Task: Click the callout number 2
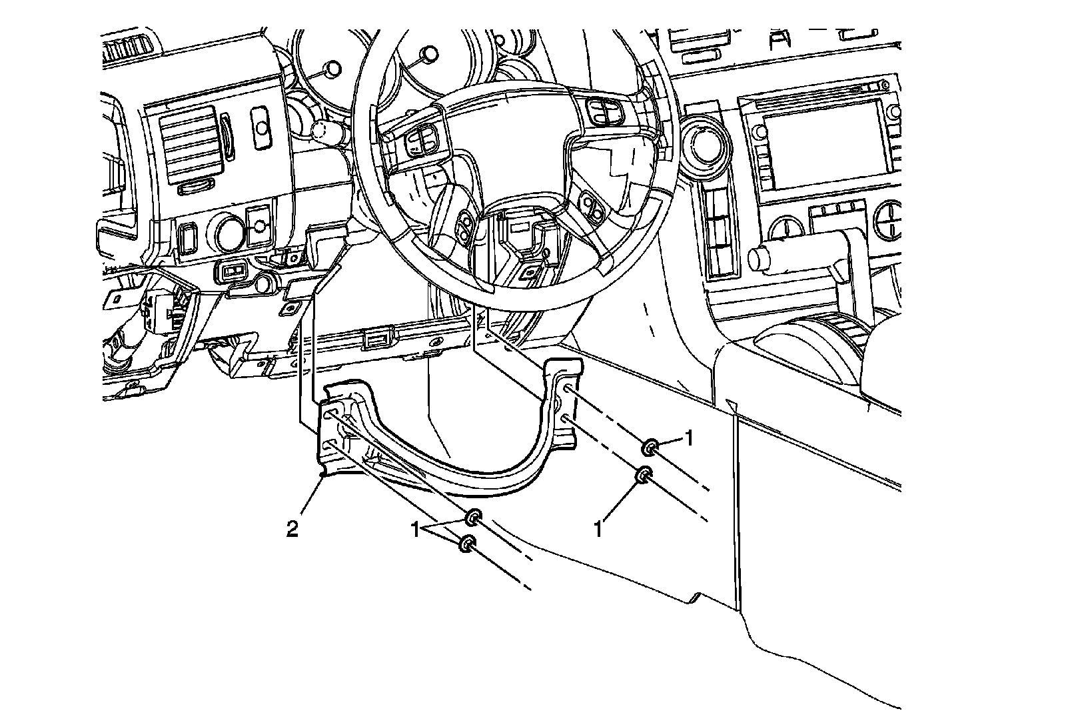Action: [x=292, y=530]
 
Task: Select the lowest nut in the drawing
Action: [x=467, y=543]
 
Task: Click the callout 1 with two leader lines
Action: [x=414, y=530]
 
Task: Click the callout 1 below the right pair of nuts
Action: [x=599, y=530]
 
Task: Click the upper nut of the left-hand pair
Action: [x=474, y=516]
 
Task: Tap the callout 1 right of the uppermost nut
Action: [x=690, y=438]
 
